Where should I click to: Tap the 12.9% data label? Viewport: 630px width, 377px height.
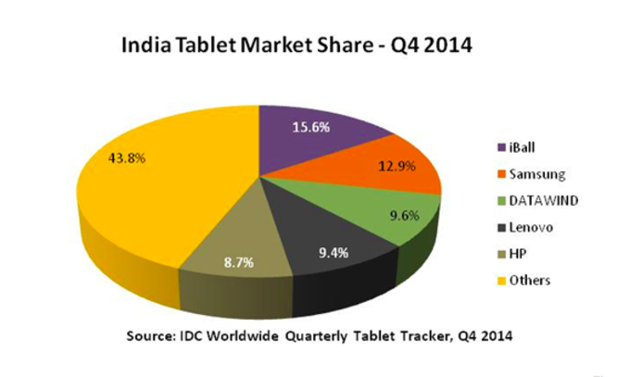click(x=393, y=167)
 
